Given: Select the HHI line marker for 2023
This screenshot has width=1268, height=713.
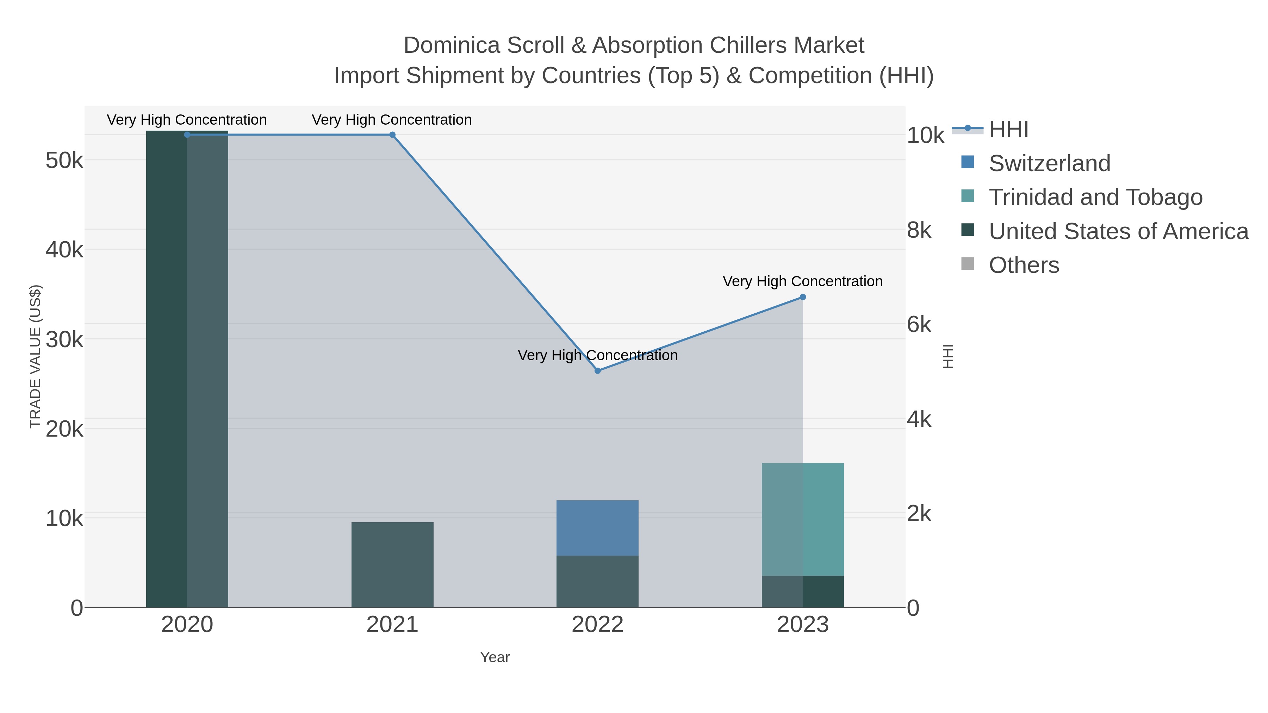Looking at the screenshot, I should click(802, 297).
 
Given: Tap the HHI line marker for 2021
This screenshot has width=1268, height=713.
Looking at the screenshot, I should click(392, 135).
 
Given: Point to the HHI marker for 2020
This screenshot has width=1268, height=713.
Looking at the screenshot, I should click(187, 135).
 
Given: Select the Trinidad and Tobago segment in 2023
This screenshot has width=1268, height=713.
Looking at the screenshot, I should click(802, 519).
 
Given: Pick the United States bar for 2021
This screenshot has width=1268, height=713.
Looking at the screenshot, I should click(392, 564).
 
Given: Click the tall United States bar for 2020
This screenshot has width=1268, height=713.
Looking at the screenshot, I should click(187, 369).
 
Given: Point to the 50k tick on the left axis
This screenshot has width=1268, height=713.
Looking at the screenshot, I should click(64, 161).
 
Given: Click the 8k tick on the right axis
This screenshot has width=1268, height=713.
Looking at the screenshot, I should click(919, 230).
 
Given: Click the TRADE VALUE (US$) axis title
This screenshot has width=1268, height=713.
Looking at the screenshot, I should click(36, 356).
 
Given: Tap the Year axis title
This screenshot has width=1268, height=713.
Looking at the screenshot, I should click(495, 657).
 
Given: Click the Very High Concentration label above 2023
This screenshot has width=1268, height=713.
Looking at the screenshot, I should click(802, 281).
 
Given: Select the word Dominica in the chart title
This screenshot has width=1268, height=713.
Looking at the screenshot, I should click(452, 45).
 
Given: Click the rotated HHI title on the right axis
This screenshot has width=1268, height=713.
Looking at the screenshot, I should click(947, 356).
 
